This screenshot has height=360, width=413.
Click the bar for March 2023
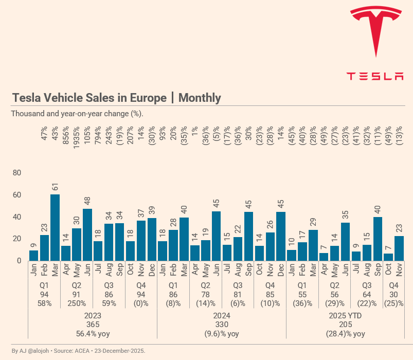click(55, 227)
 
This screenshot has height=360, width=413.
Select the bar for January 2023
click(33, 255)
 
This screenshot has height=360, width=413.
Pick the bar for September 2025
click(378, 239)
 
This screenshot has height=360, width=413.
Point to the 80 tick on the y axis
click(16, 173)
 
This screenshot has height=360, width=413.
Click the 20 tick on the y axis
click(16, 239)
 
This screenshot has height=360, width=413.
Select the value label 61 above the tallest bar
click(55, 187)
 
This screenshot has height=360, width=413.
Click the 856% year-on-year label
click(66, 136)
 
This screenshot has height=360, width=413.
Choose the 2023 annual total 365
click(93, 325)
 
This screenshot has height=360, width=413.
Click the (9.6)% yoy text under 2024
click(221, 334)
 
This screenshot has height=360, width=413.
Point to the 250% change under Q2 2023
click(77, 303)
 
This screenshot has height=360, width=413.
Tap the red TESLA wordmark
click(375, 76)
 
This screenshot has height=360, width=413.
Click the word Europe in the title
click(148, 98)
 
